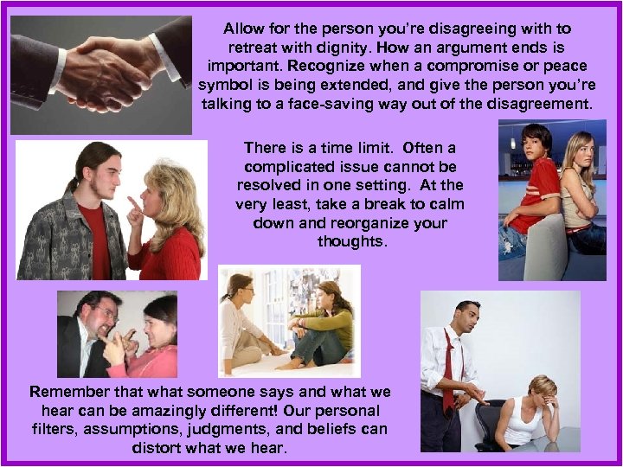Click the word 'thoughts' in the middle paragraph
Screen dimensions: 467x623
[350, 242]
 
